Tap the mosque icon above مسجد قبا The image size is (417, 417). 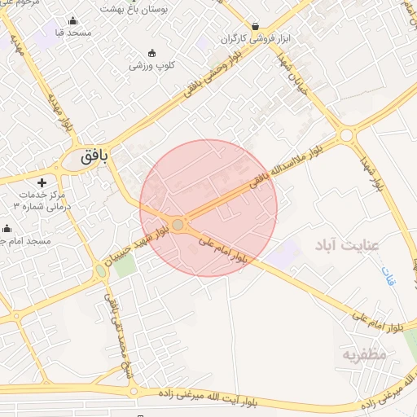pyautogui.click(x=73, y=21)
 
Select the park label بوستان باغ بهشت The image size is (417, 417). pyautogui.click(x=132, y=7)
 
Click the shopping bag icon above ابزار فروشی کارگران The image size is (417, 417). pyautogui.click(x=256, y=26)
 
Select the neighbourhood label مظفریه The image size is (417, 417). pyautogui.click(x=362, y=354)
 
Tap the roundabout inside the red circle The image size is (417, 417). pyautogui.click(x=178, y=224)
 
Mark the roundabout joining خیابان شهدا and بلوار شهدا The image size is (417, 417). pyautogui.click(x=348, y=134)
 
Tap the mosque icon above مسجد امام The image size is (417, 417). pyautogui.click(x=7, y=229)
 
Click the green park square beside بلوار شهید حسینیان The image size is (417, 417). pyautogui.click(x=124, y=265)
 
